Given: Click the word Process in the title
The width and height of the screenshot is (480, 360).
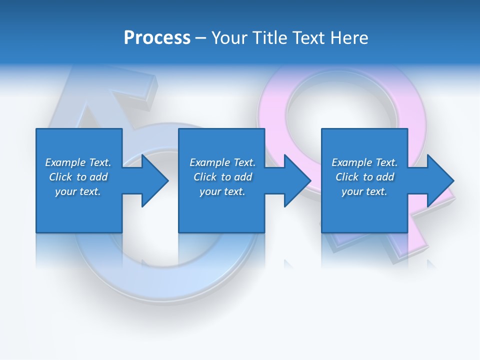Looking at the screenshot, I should click(x=157, y=38).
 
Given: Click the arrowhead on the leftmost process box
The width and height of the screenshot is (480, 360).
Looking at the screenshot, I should click(x=153, y=180).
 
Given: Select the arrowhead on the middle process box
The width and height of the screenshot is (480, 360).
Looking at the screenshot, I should click(x=296, y=180).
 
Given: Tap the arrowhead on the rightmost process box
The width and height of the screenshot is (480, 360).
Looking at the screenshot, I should click(x=439, y=180).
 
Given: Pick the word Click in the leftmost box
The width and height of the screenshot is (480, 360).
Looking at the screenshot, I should click(x=61, y=177).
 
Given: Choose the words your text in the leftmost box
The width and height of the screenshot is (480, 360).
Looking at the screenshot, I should click(x=78, y=191).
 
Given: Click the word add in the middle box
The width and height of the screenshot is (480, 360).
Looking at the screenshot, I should click(x=243, y=177).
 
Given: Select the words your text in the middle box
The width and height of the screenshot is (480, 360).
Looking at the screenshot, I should click(x=222, y=191).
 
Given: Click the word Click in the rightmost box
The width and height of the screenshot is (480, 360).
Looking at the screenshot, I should click(x=347, y=177).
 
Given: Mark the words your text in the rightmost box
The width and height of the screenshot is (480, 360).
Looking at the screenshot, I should click(x=364, y=191).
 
